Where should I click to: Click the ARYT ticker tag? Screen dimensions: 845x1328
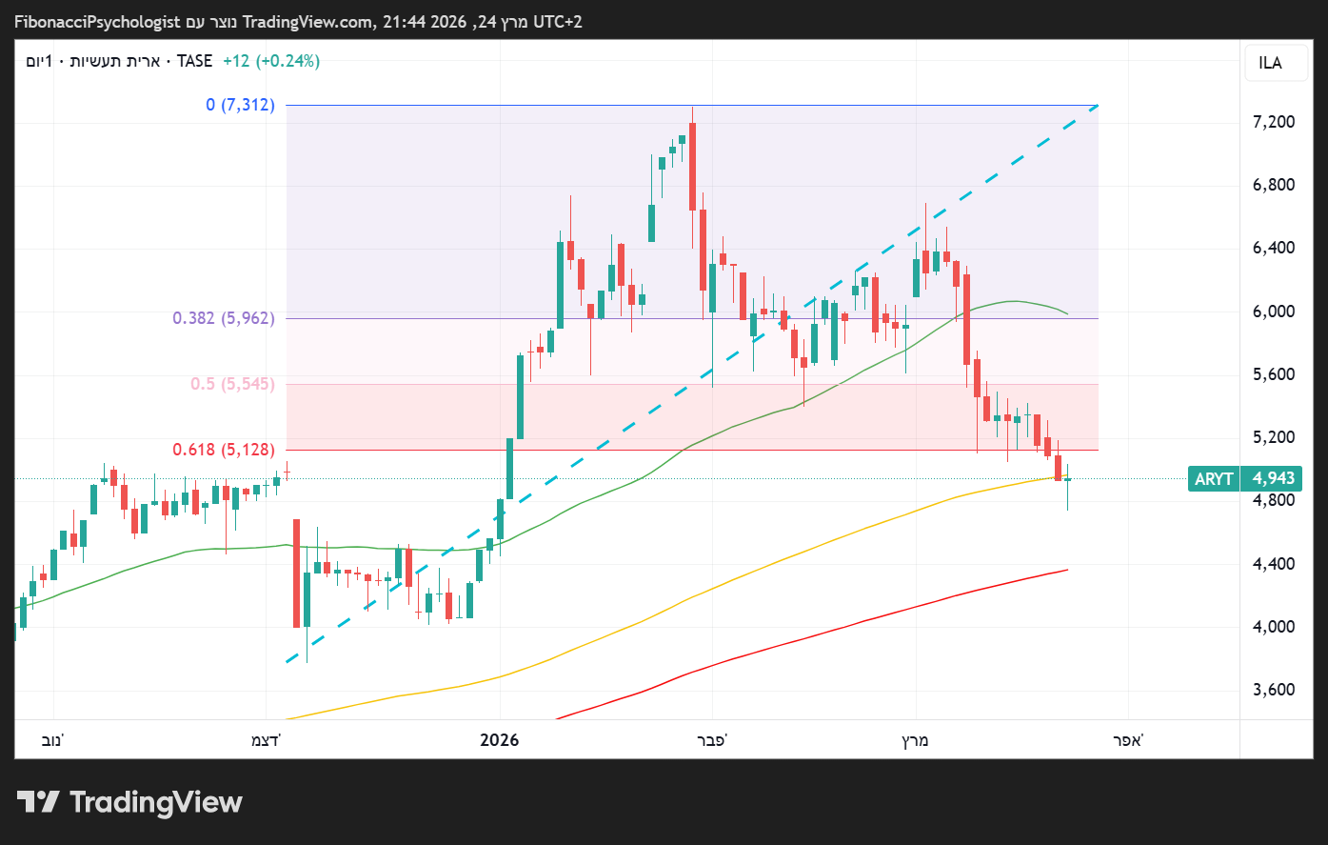1214,478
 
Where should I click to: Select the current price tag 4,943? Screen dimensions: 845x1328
1274,478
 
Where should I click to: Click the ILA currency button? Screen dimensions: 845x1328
1270,63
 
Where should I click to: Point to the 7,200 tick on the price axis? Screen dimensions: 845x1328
1274,122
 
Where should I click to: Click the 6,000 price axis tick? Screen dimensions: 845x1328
1274,312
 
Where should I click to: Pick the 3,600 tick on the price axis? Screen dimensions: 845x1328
1274,690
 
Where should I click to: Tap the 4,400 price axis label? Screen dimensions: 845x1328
1274,564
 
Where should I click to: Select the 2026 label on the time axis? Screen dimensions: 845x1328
500,740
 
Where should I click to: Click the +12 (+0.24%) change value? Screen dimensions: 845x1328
271,61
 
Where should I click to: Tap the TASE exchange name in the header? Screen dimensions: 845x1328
195,61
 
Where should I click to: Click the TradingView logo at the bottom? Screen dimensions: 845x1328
129,802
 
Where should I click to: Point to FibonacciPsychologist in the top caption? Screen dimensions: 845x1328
97,21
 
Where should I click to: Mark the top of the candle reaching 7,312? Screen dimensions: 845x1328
692,107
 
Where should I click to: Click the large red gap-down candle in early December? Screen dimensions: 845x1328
297,573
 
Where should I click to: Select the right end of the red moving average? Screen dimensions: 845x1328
1067,570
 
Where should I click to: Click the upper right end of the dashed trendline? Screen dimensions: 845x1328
1097,106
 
